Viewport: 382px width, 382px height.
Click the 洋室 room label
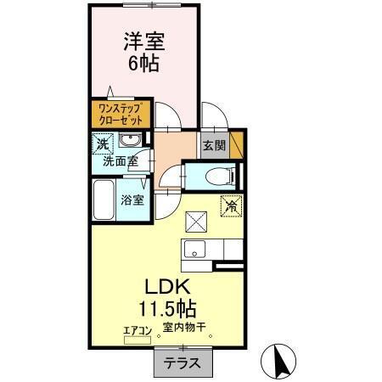[x=143, y=41]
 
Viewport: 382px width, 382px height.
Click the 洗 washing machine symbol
[x=102, y=143]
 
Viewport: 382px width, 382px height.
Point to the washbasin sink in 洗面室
[x=130, y=140]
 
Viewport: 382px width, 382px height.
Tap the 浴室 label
[x=132, y=200]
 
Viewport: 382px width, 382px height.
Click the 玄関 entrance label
[x=213, y=145]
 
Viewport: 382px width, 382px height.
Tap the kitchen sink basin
[x=194, y=250]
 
